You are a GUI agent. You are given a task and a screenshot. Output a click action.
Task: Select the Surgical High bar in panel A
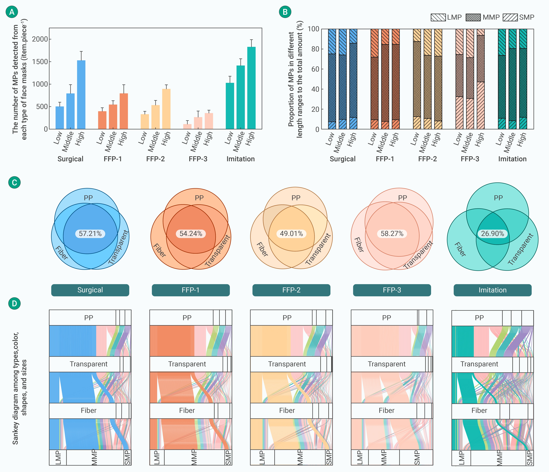81,95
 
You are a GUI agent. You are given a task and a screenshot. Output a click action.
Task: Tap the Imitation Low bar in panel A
230,106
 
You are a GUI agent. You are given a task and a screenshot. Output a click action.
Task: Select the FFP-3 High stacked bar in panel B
481,79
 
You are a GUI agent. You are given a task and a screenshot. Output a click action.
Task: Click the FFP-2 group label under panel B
427,159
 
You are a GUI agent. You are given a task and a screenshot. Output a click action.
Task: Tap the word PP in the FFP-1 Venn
199,198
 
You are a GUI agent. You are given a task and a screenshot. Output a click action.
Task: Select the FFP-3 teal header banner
392,290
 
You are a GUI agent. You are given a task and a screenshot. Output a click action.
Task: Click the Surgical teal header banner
90,290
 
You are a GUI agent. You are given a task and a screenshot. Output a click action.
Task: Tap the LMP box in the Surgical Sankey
58,457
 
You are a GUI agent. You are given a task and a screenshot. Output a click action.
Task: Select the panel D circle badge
15,303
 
